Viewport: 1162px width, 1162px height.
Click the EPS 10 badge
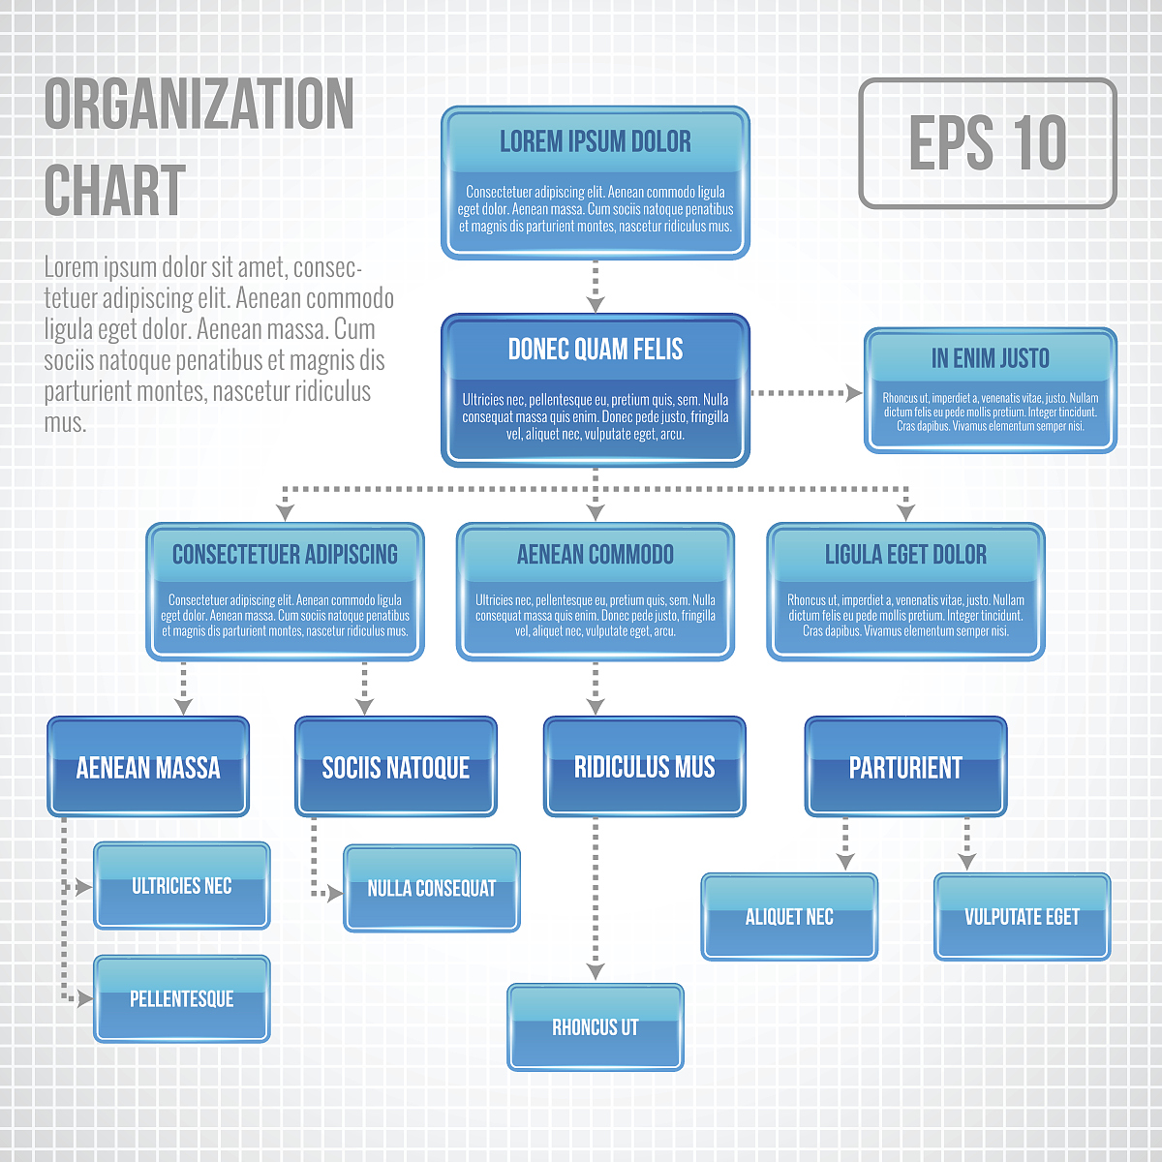coord(988,143)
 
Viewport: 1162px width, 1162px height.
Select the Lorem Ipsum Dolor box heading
coord(596,142)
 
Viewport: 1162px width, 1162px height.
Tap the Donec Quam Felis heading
coord(596,350)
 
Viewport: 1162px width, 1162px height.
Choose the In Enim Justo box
coord(990,390)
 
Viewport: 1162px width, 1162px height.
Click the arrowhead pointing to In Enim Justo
coord(854,393)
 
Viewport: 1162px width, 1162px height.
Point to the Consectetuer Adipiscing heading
coord(285,555)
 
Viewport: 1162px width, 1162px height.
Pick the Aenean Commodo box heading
coord(596,555)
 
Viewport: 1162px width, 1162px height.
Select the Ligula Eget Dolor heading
coord(905,555)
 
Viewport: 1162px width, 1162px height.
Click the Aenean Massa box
coord(148,767)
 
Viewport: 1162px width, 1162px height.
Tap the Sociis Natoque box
coord(396,767)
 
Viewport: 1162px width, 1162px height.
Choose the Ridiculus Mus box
coord(644,767)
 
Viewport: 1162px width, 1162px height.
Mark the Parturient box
coord(905,767)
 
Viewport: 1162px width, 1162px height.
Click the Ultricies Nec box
coord(182,886)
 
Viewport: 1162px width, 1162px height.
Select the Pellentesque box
coord(182,998)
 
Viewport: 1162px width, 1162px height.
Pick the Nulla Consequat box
coord(432,888)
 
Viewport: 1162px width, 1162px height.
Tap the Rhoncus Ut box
coord(596,1027)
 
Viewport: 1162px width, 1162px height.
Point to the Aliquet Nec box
coord(789,917)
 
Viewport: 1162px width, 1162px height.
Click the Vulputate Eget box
coord(1022,917)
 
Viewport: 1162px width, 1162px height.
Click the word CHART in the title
coord(114,191)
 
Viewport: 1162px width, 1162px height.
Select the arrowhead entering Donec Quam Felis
coord(596,304)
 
